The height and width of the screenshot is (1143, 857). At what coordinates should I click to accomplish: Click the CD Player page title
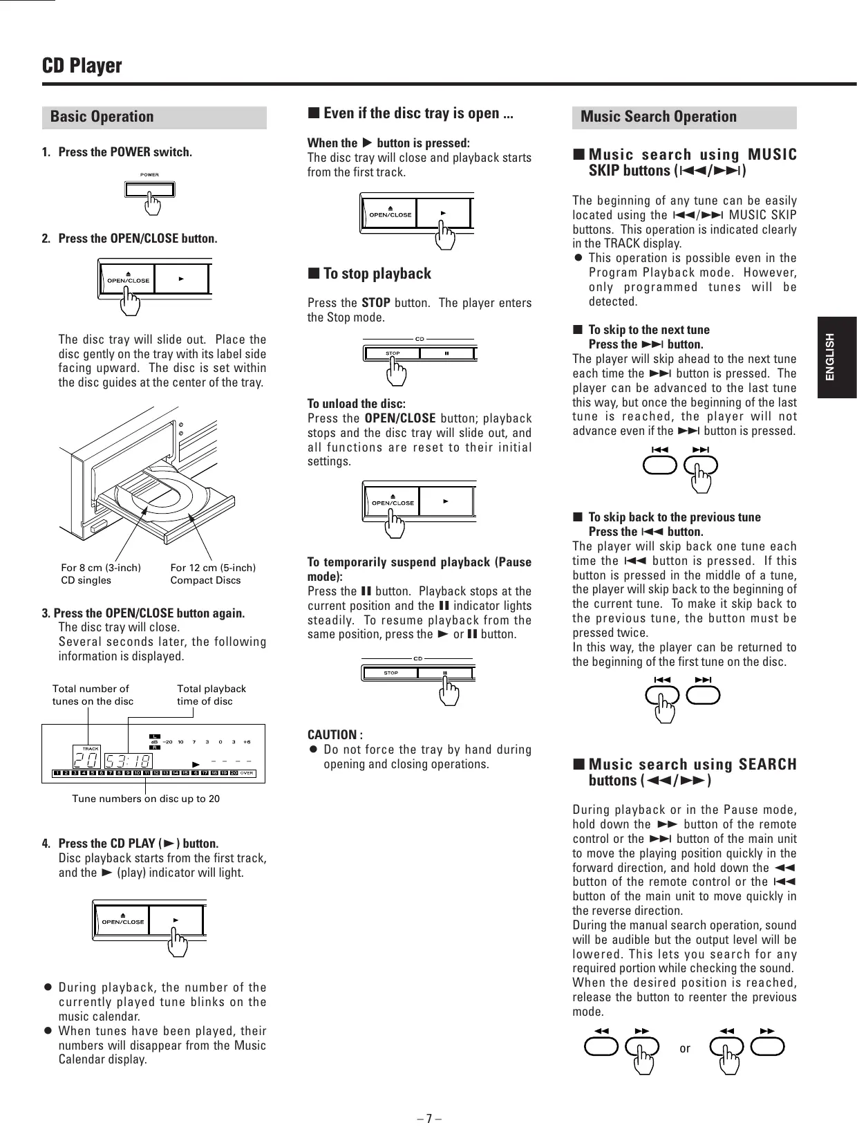[x=82, y=66]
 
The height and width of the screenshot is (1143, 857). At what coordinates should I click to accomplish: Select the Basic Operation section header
[x=102, y=117]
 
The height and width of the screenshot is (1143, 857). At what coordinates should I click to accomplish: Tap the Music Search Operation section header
[x=658, y=117]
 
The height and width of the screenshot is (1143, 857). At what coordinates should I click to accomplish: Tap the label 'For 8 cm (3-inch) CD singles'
[x=101, y=574]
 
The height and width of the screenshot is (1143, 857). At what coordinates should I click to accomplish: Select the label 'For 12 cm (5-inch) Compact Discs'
[x=213, y=574]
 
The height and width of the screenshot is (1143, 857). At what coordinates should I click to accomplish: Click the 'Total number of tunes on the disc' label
[x=93, y=695]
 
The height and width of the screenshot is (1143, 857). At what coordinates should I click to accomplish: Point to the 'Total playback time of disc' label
[x=211, y=695]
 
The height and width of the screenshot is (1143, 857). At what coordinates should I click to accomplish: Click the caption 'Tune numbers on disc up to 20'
[x=146, y=799]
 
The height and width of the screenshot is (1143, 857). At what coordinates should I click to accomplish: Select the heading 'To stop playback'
[x=377, y=274]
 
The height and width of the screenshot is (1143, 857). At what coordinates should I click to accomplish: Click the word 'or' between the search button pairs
[x=684, y=1048]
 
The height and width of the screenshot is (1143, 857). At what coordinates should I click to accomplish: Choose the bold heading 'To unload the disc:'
[x=356, y=404]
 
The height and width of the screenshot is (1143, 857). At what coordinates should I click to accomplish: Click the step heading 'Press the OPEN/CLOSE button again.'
[x=149, y=613]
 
